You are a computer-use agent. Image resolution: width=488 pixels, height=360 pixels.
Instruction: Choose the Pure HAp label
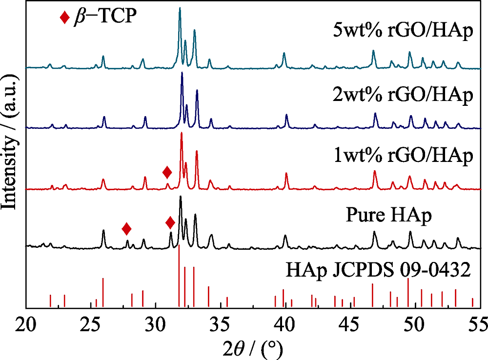tap(389, 215)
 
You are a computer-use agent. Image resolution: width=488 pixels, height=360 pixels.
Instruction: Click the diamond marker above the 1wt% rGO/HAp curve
tap(167, 172)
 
